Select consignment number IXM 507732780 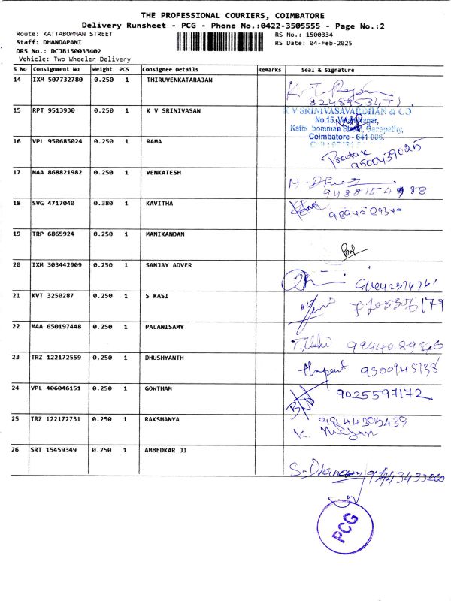(x=58, y=79)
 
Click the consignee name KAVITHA (x=159, y=203)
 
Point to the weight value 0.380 (x=103, y=203)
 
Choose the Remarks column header (x=269, y=68)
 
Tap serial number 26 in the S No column (x=17, y=449)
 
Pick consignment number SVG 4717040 (x=53, y=203)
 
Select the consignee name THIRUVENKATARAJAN (x=179, y=79)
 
